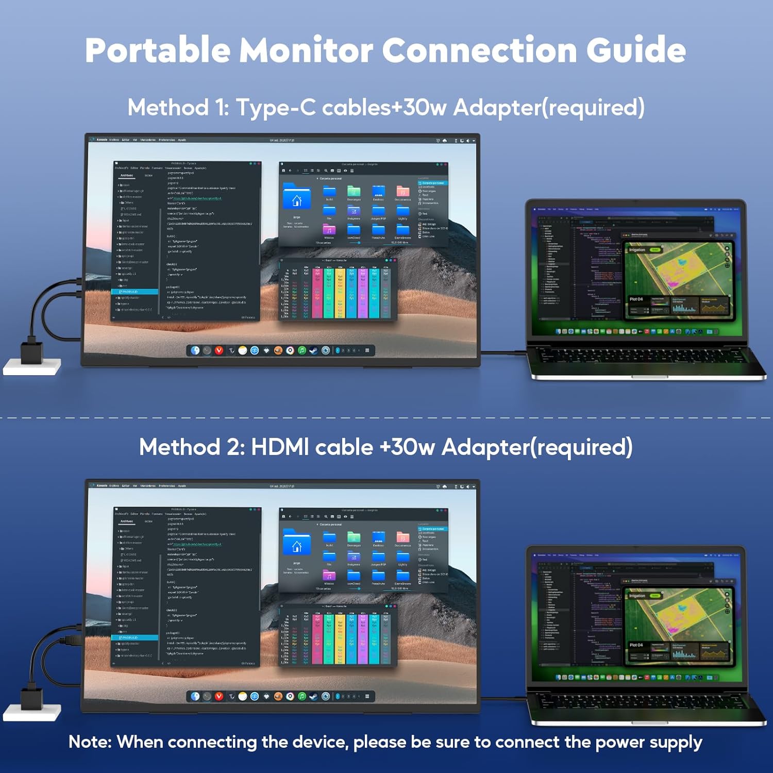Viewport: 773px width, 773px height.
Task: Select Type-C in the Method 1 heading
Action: (276, 108)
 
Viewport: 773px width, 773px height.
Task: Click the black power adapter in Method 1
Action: (31, 350)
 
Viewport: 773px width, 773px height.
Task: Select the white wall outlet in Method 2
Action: (32, 713)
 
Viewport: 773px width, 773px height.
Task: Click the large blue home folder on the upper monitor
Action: (297, 197)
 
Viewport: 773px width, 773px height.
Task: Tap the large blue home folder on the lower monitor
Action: (297, 543)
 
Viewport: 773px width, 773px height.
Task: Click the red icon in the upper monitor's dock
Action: (219, 350)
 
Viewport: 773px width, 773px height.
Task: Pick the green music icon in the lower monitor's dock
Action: (302, 696)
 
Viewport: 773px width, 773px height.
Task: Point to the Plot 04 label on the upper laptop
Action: (636, 299)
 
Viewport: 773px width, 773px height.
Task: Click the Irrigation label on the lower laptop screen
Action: (637, 596)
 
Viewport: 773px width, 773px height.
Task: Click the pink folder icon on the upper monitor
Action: (329, 229)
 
